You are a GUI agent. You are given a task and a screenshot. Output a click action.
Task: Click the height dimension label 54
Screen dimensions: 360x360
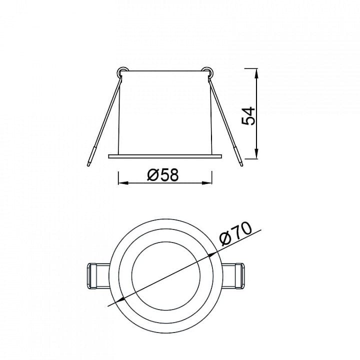248,115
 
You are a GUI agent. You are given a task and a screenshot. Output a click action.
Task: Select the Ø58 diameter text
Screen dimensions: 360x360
163,174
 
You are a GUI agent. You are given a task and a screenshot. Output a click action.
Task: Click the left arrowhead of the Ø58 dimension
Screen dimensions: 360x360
123,183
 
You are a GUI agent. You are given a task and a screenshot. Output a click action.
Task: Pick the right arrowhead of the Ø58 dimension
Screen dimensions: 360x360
206,183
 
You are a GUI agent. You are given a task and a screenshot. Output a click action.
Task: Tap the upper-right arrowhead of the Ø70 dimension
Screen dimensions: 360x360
212,254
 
